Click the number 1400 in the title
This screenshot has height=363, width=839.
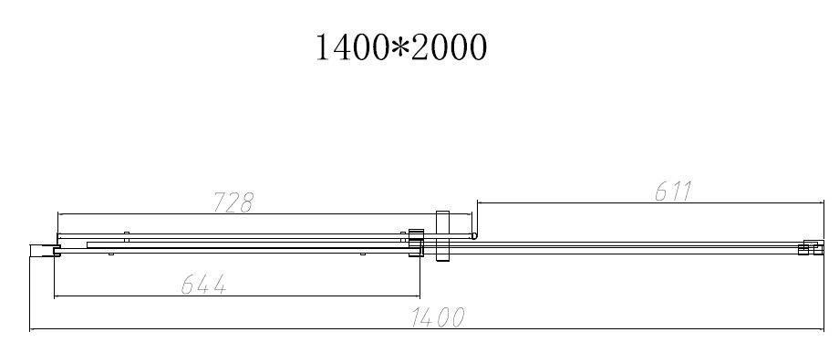[x=352, y=47]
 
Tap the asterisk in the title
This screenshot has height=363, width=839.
[x=399, y=46]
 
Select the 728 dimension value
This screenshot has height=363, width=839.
[x=233, y=202]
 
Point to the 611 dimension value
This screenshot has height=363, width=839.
[x=673, y=192]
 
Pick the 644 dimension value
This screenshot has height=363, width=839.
[x=203, y=285]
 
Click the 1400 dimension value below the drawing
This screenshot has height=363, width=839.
[x=437, y=317]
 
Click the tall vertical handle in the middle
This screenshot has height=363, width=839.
[x=443, y=236]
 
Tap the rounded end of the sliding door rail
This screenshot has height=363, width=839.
[x=474, y=235]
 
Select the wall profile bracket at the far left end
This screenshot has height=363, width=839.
[x=44, y=251]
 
